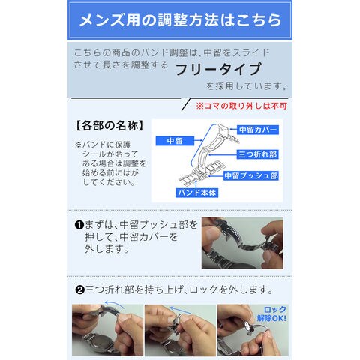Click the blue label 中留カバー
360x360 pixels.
click(x=258, y=130)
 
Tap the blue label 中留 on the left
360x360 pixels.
click(x=175, y=141)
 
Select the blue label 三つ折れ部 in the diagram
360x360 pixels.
click(x=257, y=154)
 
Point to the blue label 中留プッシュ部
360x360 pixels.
click(x=251, y=175)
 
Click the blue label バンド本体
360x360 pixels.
click(x=196, y=193)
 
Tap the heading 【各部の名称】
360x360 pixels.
click(x=109, y=126)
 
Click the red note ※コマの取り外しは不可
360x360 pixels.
click(x=241, y=106)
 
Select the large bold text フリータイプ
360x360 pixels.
click(x=218, y=69)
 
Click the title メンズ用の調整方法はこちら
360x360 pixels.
click(x=180, y=20)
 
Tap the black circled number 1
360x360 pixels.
click(x=79, y=225)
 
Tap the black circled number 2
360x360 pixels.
click(x=79, y=290)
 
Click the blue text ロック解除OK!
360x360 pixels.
click(x=271, y=313)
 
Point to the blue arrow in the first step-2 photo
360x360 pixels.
click(x=115, y=304)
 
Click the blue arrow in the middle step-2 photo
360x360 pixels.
click(x=179, y=309)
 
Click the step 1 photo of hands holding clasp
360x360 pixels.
click(x=242, y=243)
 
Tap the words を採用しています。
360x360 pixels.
click(x=247, y=86)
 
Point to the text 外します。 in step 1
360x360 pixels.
click(x=106, y=249)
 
